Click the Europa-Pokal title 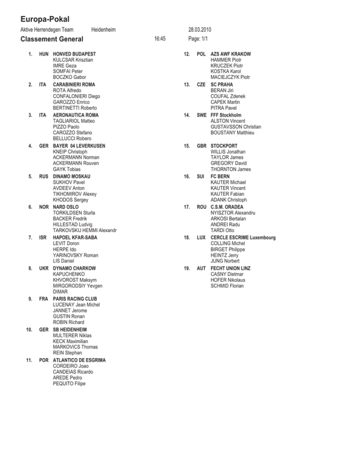(45, 19)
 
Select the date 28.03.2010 (203, 30)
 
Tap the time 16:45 (160, 39)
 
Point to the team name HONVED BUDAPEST (76, 54)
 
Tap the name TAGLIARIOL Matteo (74, 121)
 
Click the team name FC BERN (220, 176)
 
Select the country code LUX (202, 238)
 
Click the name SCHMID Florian (227, 286)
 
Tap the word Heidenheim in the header (104, 30)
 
